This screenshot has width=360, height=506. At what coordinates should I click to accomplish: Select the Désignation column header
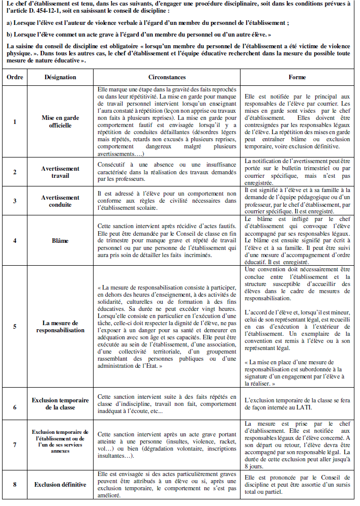(x=60, y=77)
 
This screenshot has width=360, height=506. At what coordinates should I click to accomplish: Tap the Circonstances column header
(x=167, y=77)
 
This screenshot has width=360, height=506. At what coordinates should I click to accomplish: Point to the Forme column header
(x=297, y=77)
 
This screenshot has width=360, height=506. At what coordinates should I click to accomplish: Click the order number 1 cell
(x=14, y=122)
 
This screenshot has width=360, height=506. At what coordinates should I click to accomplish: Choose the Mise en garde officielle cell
(x=60, y=122)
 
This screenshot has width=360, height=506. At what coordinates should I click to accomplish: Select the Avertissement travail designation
(x=60, y=172)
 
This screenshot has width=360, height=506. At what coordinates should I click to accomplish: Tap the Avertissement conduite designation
(x=60, y=201)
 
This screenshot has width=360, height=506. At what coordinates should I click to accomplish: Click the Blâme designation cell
(x=60, y=240)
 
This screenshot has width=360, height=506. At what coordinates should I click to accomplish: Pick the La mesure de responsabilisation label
(x=60, y=326)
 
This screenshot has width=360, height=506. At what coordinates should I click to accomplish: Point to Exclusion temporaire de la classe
(x=60, y=404)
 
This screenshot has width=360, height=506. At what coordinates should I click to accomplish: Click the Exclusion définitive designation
(x=60, y=484)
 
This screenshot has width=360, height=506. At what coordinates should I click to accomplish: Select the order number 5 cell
(x=14, y=326)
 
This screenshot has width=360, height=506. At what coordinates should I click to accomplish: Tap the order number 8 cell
(x=14, y=484)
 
